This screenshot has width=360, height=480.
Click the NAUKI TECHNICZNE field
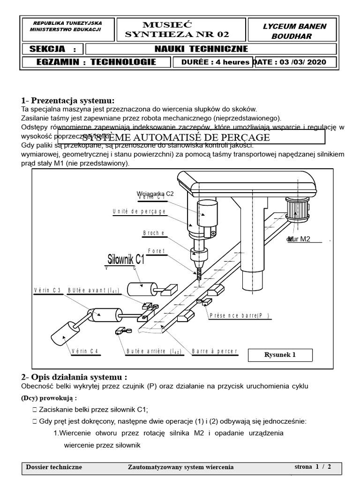[201, 49]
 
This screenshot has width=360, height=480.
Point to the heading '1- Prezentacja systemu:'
[67, 100]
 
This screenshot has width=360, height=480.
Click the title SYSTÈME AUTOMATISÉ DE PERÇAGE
[176, 137]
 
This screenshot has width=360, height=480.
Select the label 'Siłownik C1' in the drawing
[126, 259]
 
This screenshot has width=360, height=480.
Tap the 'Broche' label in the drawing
[153, 233]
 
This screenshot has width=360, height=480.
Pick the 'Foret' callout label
[156, 251]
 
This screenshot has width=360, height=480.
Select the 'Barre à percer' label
[214, 351]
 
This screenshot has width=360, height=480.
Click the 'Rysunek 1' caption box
[280, 354]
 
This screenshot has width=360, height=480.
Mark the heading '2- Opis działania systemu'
[74, 377]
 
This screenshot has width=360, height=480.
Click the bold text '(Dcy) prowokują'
[49, 398]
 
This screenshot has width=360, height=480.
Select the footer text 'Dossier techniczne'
[54, 467]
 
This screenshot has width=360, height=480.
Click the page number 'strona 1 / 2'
[312, 467]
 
